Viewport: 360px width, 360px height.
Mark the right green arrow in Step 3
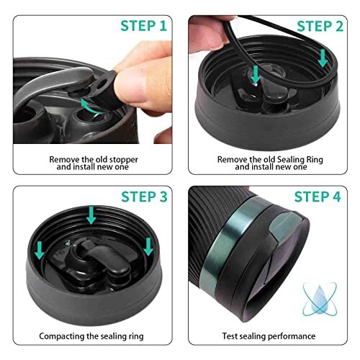click(x=148, y=246)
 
